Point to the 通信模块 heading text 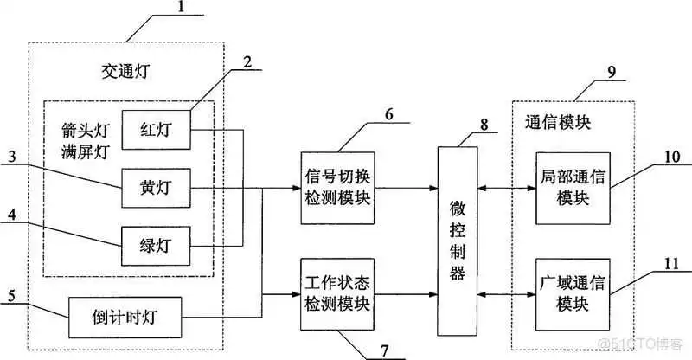(x=557, y=122)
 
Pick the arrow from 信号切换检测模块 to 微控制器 (x=407, y=187)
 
